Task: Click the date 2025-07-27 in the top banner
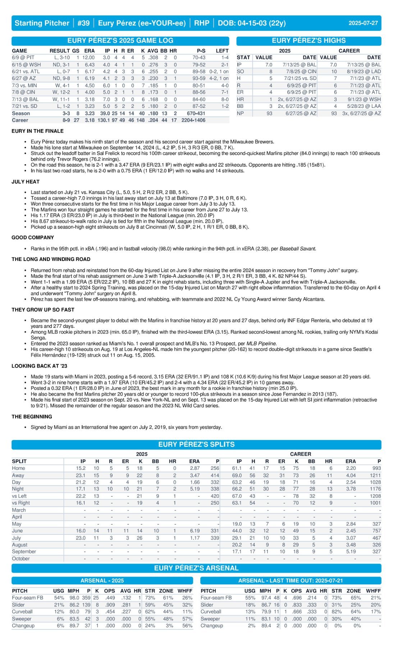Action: click(363, 23)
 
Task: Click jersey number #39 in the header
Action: click(83, 23)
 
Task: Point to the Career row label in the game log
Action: click(20, 120)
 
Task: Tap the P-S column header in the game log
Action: click(201, 51)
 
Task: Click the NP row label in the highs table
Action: click(240, 113)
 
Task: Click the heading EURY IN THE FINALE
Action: click(37, 131)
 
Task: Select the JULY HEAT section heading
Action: click(26, 182)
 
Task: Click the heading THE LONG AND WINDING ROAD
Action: click(51, 259)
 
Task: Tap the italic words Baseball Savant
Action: click(298, 248)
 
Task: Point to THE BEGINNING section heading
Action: click(32, 417)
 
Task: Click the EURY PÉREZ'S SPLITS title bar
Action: click(196, 444)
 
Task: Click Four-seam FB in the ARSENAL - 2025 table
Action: click(27, 598)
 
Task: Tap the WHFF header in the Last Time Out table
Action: click(373, 591)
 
